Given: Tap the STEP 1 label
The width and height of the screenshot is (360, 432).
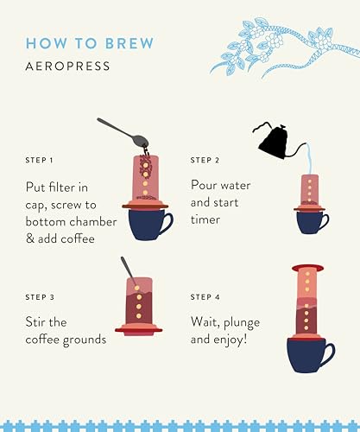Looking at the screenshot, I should [40, 160].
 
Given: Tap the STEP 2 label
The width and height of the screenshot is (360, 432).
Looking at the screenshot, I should [205, 160].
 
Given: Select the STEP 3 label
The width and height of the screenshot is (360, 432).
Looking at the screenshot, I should [40, 297].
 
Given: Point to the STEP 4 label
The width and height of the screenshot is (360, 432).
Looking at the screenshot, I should [205, 297].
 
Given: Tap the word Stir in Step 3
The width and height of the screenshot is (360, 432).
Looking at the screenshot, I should [39, 322].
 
